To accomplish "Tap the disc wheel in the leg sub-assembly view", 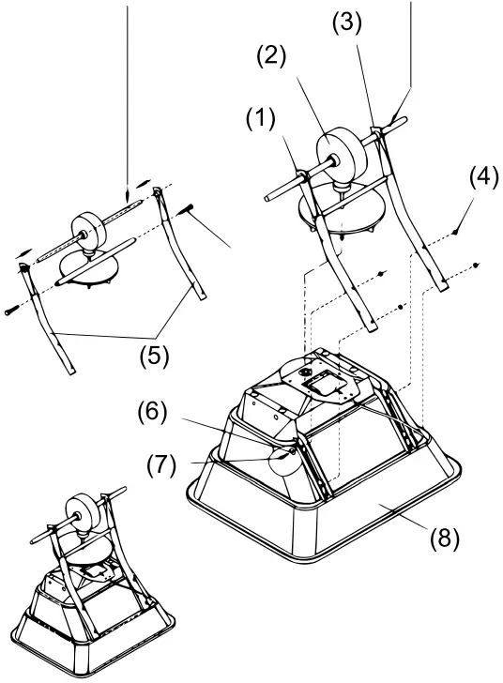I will [x=87, y=227].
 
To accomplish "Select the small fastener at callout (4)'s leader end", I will [x=454, y=231].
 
